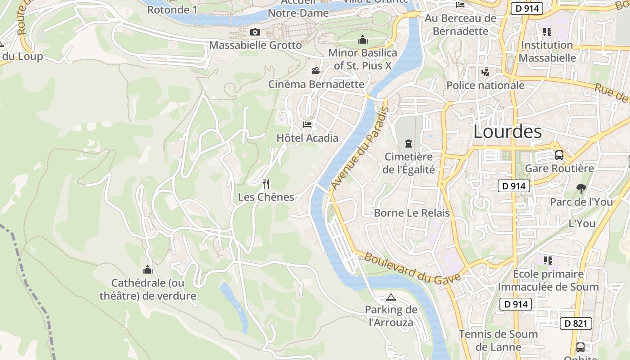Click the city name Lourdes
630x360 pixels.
point(508,131)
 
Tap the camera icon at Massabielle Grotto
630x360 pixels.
point(255,32)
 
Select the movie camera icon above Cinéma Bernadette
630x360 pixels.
point(316,71)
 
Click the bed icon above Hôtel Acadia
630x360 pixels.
point(307,124)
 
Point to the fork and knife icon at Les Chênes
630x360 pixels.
point(266,184)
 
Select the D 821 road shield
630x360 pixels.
point(576,323)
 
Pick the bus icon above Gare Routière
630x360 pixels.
point(559,155)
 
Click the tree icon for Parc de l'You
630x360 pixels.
point(581,189)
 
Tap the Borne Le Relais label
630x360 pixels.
point(412,213)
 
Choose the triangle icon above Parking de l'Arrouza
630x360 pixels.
point(391,297)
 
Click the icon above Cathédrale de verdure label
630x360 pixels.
point(148,270)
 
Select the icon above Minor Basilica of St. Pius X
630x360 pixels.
point(363,40)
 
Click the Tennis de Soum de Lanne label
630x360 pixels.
point(498,340)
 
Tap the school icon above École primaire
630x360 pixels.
point(548,261)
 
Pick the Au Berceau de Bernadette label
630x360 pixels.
point(460,25)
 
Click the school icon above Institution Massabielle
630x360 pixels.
point(547,32)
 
